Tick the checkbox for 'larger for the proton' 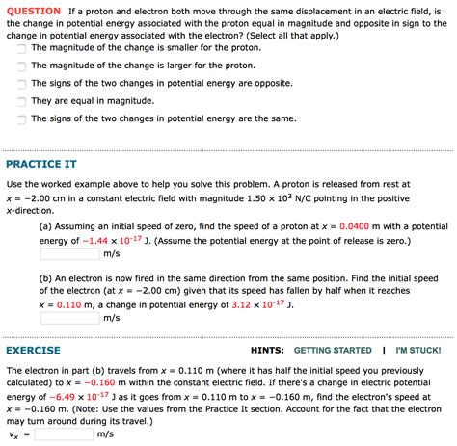(x=19, y=65)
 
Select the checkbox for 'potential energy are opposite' (x=19, y=83)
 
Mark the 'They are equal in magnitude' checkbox (x=19, y=100)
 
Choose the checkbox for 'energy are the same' (x=19, y=118)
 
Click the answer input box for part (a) (x=68, y=254)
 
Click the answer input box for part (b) (x=68, y=318)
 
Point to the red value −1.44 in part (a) (x=99, y=241)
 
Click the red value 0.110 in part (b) (x=69, y=304)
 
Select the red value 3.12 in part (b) (x=238, y=304)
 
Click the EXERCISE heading (x=34, y=351)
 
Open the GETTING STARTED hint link (x=332, y=351)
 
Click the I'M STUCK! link (x=418, y=351)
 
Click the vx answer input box (x=64, y=434)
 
